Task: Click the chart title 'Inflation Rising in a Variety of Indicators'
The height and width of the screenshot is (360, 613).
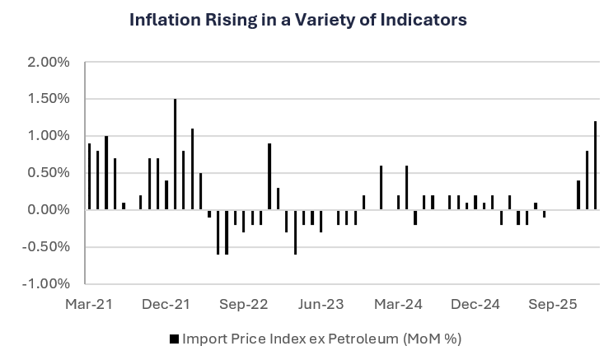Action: click(298, 20)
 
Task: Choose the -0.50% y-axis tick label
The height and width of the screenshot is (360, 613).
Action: click(46, 247)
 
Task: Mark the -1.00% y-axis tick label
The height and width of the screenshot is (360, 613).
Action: click(46, 284)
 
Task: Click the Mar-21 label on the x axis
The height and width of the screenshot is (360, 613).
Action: click(89, 305)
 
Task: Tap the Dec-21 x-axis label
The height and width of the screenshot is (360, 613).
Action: click(166, 305)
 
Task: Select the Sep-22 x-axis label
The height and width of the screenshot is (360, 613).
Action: click(245, 305)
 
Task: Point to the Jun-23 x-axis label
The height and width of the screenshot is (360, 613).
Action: click(321, 305)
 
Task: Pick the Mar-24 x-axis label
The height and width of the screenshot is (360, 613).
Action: click(399, 305)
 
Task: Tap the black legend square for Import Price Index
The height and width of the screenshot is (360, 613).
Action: click(173, 339)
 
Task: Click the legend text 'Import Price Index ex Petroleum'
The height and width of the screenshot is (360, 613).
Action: click(321, 339)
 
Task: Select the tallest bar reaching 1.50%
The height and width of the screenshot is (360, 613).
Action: click(175, 155)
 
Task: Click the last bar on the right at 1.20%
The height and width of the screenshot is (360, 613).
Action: click(596, 166)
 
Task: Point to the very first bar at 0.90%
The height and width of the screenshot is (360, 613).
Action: click(89, 176)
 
